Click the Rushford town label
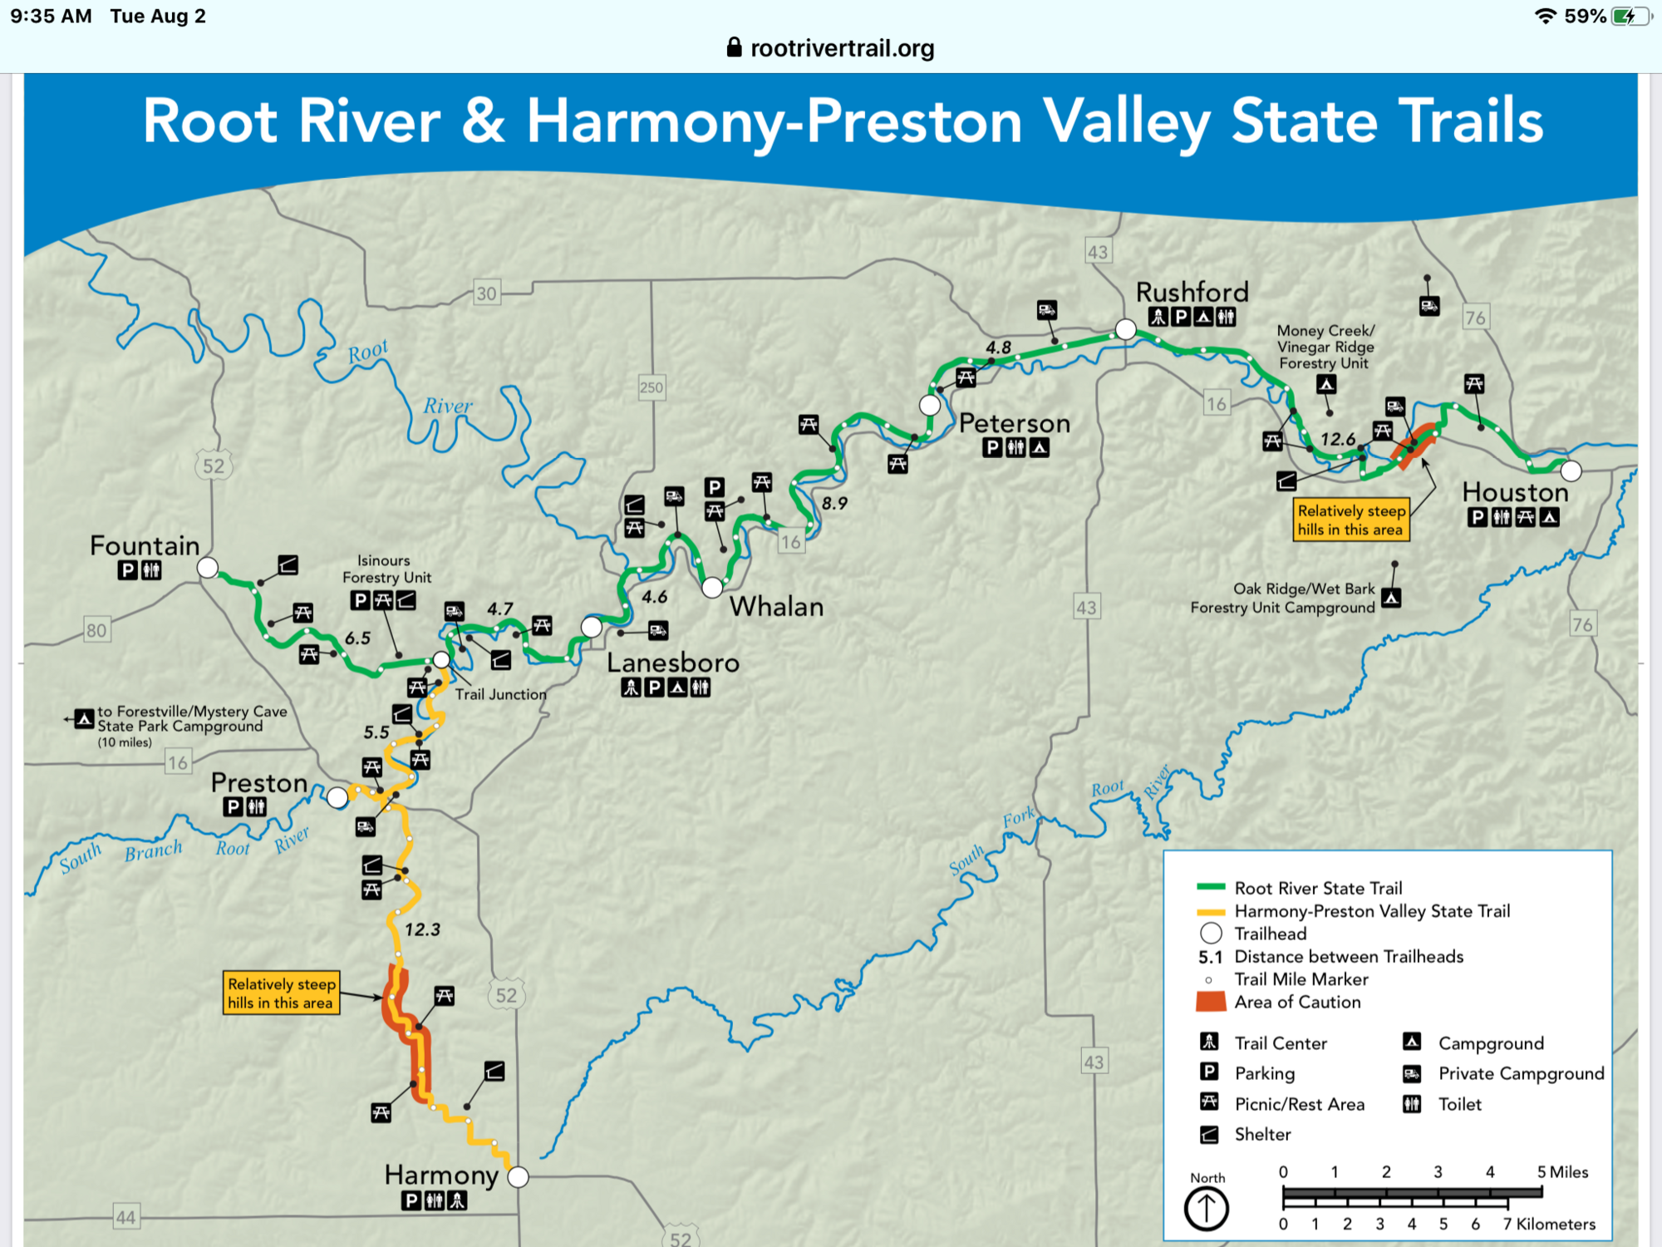click(1192, 293)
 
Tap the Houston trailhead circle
click(1571, 471)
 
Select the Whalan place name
click(776, 607)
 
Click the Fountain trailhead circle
click(208, 568)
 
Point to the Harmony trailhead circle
click(518, 1176)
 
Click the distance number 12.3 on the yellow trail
click(422, 929)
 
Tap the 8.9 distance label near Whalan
click(834, 503)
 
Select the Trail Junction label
click(500, 694)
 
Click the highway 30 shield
click(486, 293)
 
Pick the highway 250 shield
click(652, 387)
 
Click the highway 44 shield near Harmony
click(125, 1218)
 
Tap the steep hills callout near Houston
click(1350, 520)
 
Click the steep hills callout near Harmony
click(281, 993)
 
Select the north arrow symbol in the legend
click(1206, 1208)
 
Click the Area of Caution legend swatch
click(1211, 1002)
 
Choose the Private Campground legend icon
click(1412, 1073)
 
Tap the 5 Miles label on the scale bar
click(1562, 1172)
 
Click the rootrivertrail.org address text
click(842, 48)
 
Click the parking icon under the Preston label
click(234, 806)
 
